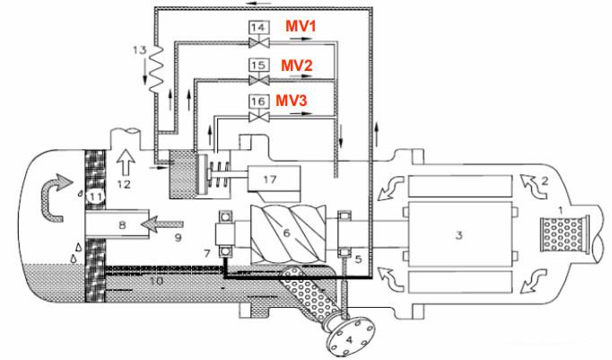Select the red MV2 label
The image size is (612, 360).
[x=297, y=66]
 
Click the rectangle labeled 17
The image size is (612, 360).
[x=269, y=180]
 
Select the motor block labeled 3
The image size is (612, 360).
[x=459, y=236]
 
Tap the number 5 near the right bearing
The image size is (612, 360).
[x=357, y=259]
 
